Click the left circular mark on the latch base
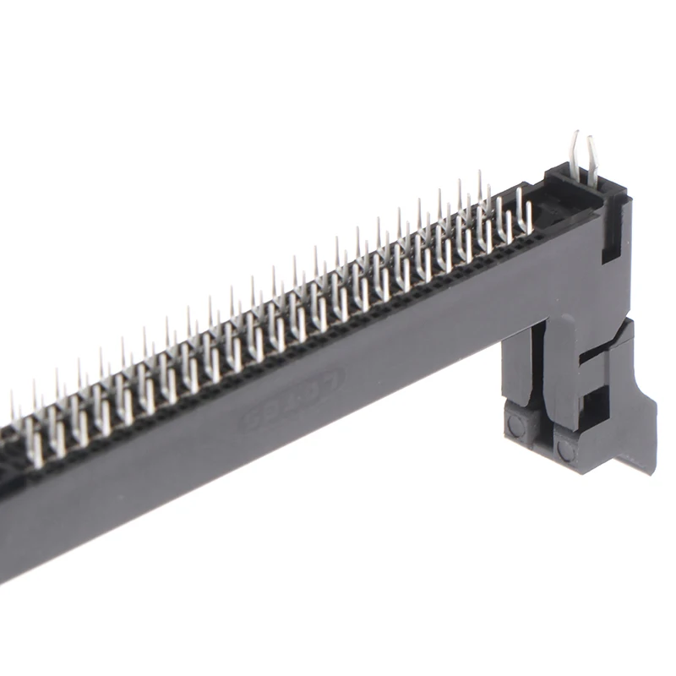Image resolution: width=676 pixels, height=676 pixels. [x=516, y=428]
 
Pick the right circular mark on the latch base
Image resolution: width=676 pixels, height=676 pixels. [x=565, y=450]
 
